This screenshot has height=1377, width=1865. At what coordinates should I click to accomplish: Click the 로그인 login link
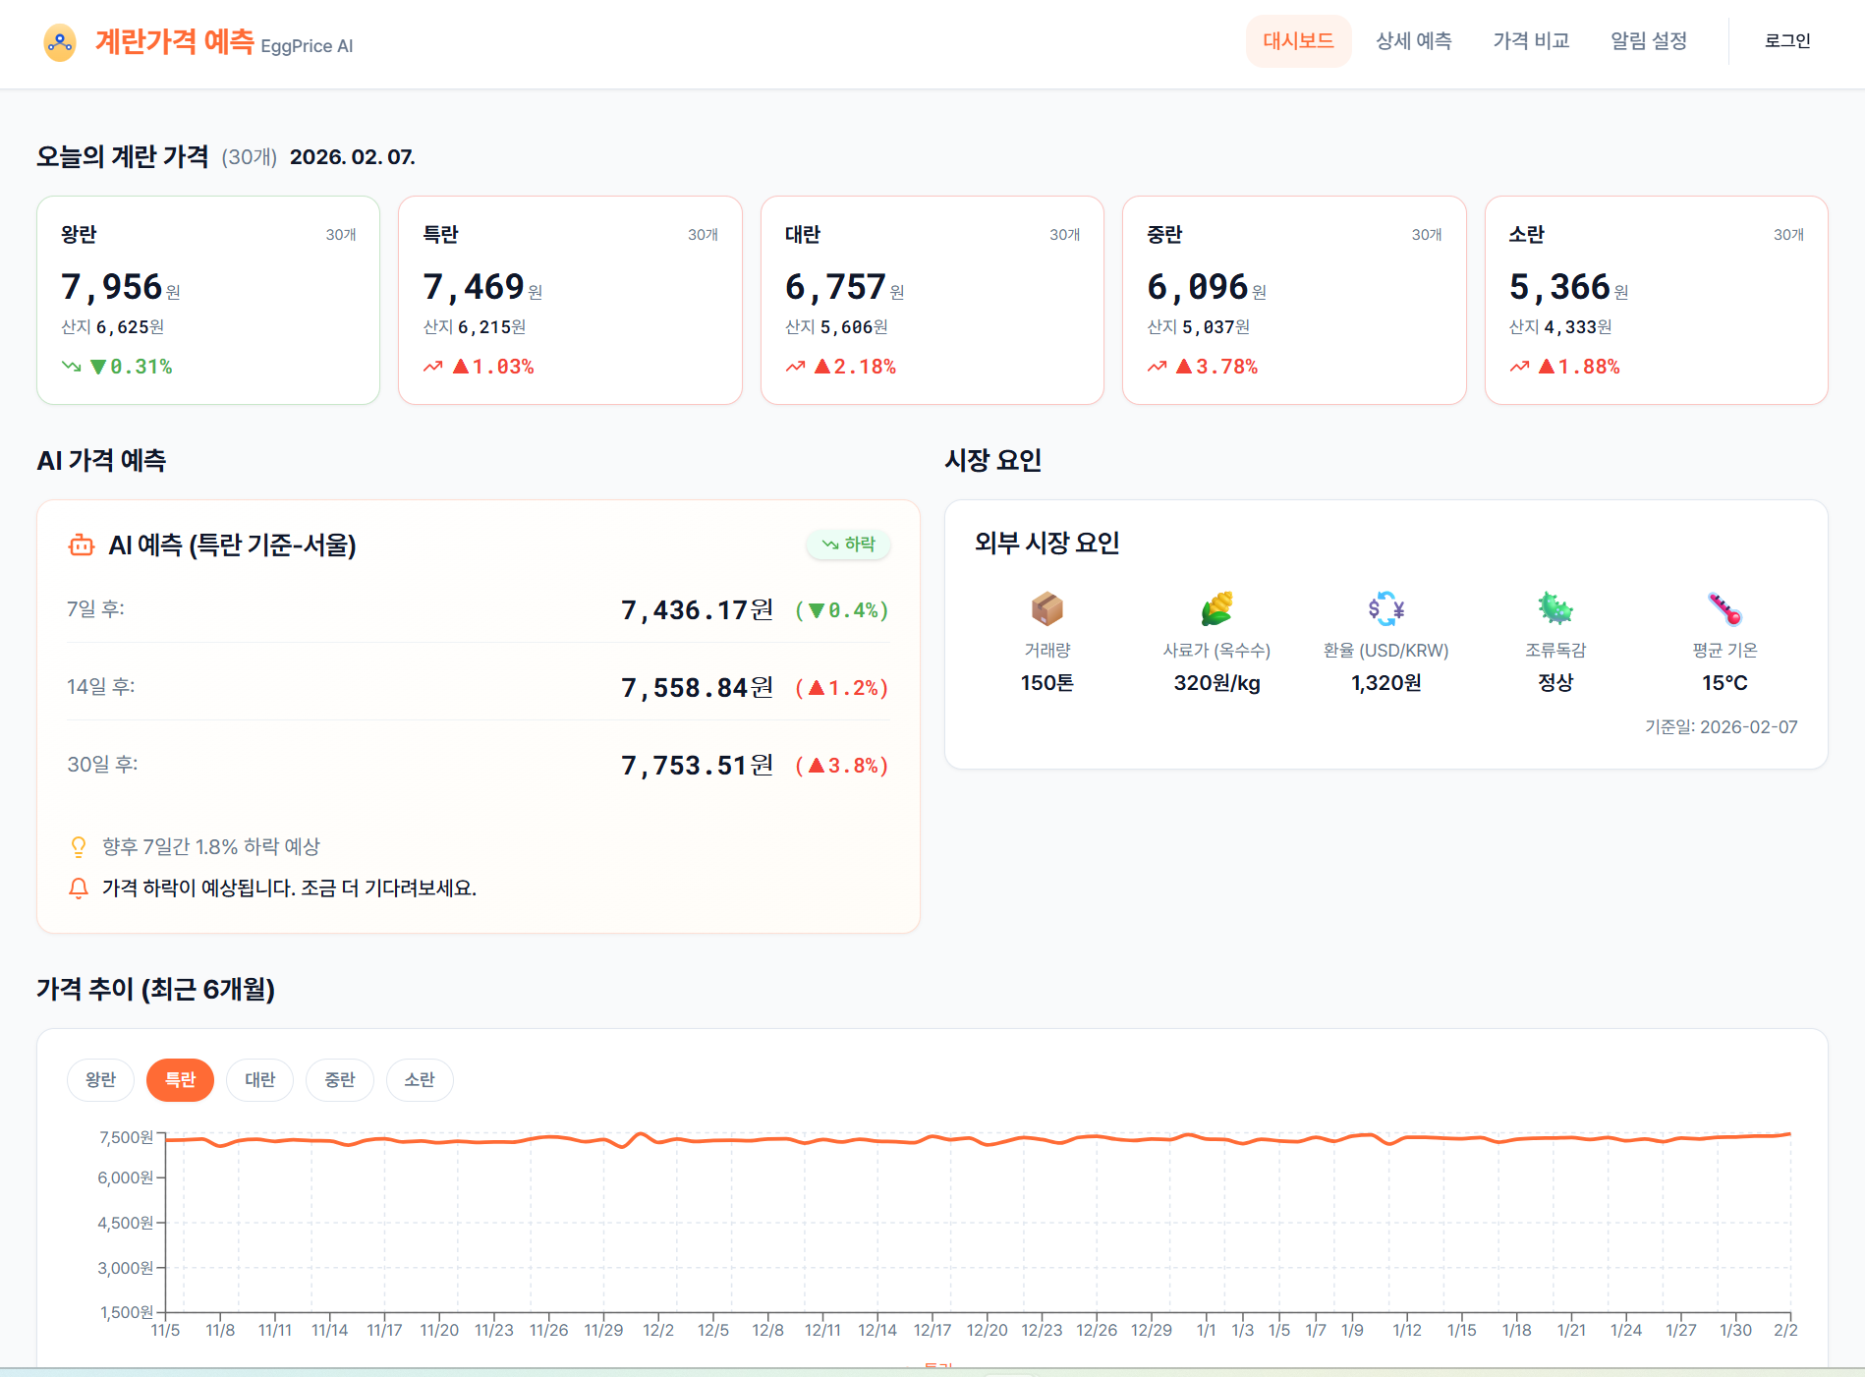click(x=1786, y=41)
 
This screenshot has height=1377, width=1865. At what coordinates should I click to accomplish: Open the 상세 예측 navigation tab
click(x=1413, y=41)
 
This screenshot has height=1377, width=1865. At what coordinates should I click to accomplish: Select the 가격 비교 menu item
click(x=1531, y=41)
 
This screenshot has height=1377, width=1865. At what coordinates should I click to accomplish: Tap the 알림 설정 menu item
click(x=1649, y=41)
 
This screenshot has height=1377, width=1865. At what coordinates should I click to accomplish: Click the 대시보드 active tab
click(x=1298, y=41)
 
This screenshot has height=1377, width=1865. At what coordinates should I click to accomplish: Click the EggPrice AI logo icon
click(x=60, y=42)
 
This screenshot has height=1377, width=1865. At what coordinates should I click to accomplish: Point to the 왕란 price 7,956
click(x=112, y=287)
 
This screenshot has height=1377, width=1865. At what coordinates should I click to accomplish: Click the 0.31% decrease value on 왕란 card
click(x=141, y=367)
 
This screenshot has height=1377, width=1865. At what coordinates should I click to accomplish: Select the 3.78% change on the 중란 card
click(x=1225, y=367)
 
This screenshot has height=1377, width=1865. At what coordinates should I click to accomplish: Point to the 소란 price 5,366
click(x=1559, y=287)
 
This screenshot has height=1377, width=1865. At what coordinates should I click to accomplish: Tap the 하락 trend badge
click(x=849, y=545)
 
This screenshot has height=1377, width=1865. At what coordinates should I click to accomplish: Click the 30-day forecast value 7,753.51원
click(x=697, y=766)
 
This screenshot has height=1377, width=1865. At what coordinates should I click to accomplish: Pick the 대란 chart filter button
click(x=259, y=1080)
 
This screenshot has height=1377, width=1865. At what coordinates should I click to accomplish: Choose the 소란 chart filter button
click(x=420, y=1080)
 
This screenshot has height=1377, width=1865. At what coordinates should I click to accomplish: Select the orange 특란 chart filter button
click(x=180, y=1080)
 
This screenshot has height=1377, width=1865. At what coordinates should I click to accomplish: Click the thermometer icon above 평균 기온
click(x=1724, y=608)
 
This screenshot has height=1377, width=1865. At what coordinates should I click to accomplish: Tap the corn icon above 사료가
click(x=1216, y=608)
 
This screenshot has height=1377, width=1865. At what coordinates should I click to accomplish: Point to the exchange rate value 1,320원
click(x=1385, y=683)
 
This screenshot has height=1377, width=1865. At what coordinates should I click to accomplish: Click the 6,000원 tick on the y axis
click(x=126, y=1177)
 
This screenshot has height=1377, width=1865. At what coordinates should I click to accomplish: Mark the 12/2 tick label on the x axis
click(x=658, y=1330)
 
